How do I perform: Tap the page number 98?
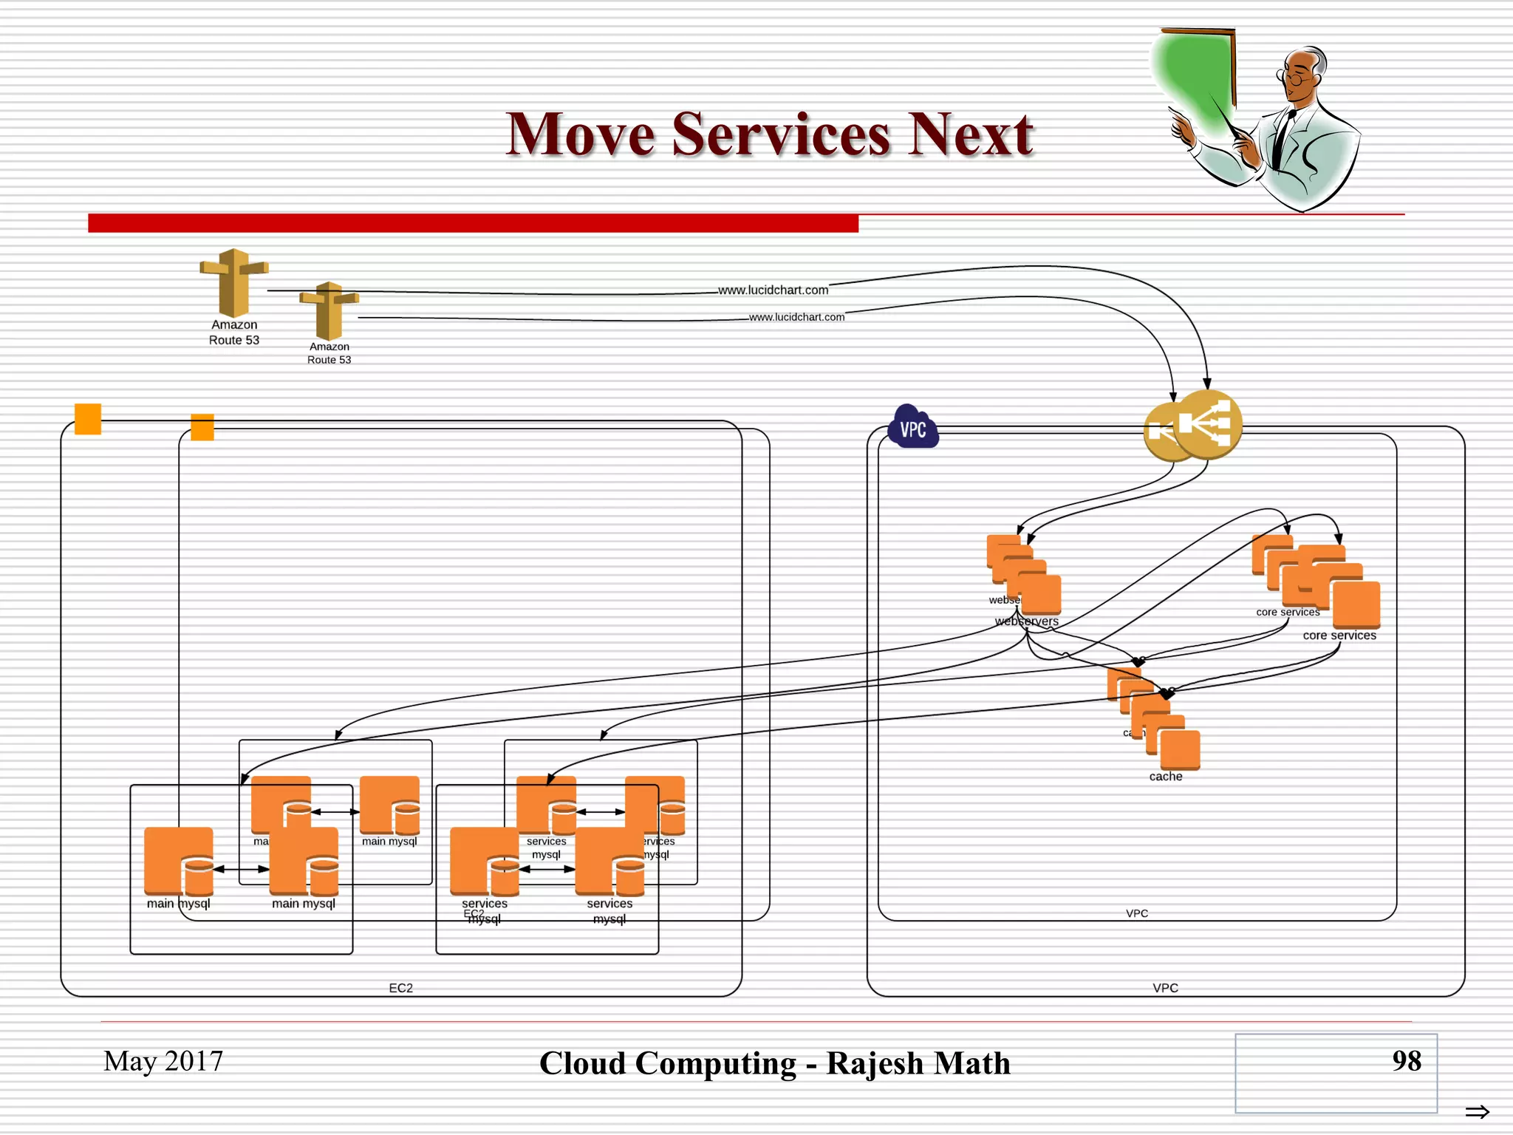(x=1406, y=1060)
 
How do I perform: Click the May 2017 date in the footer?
(x=163, y=1061)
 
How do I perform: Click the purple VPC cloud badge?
(x=913, y=428)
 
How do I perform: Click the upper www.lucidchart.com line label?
(x=773, y=290)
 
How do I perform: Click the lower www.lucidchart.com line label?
(x=796, y=317)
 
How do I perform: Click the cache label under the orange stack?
(x=1165, y=777)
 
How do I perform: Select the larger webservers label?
(x=1026, y=621)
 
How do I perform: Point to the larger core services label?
(x=1339, y=635)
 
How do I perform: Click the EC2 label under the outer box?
(x=400, y=988)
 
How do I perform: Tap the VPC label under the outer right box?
(x=1165, y=988)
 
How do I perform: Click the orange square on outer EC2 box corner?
(x=88, y=419)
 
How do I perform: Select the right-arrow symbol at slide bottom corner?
(x=1477, y=1111)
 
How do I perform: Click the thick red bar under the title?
(x=473, y=223)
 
